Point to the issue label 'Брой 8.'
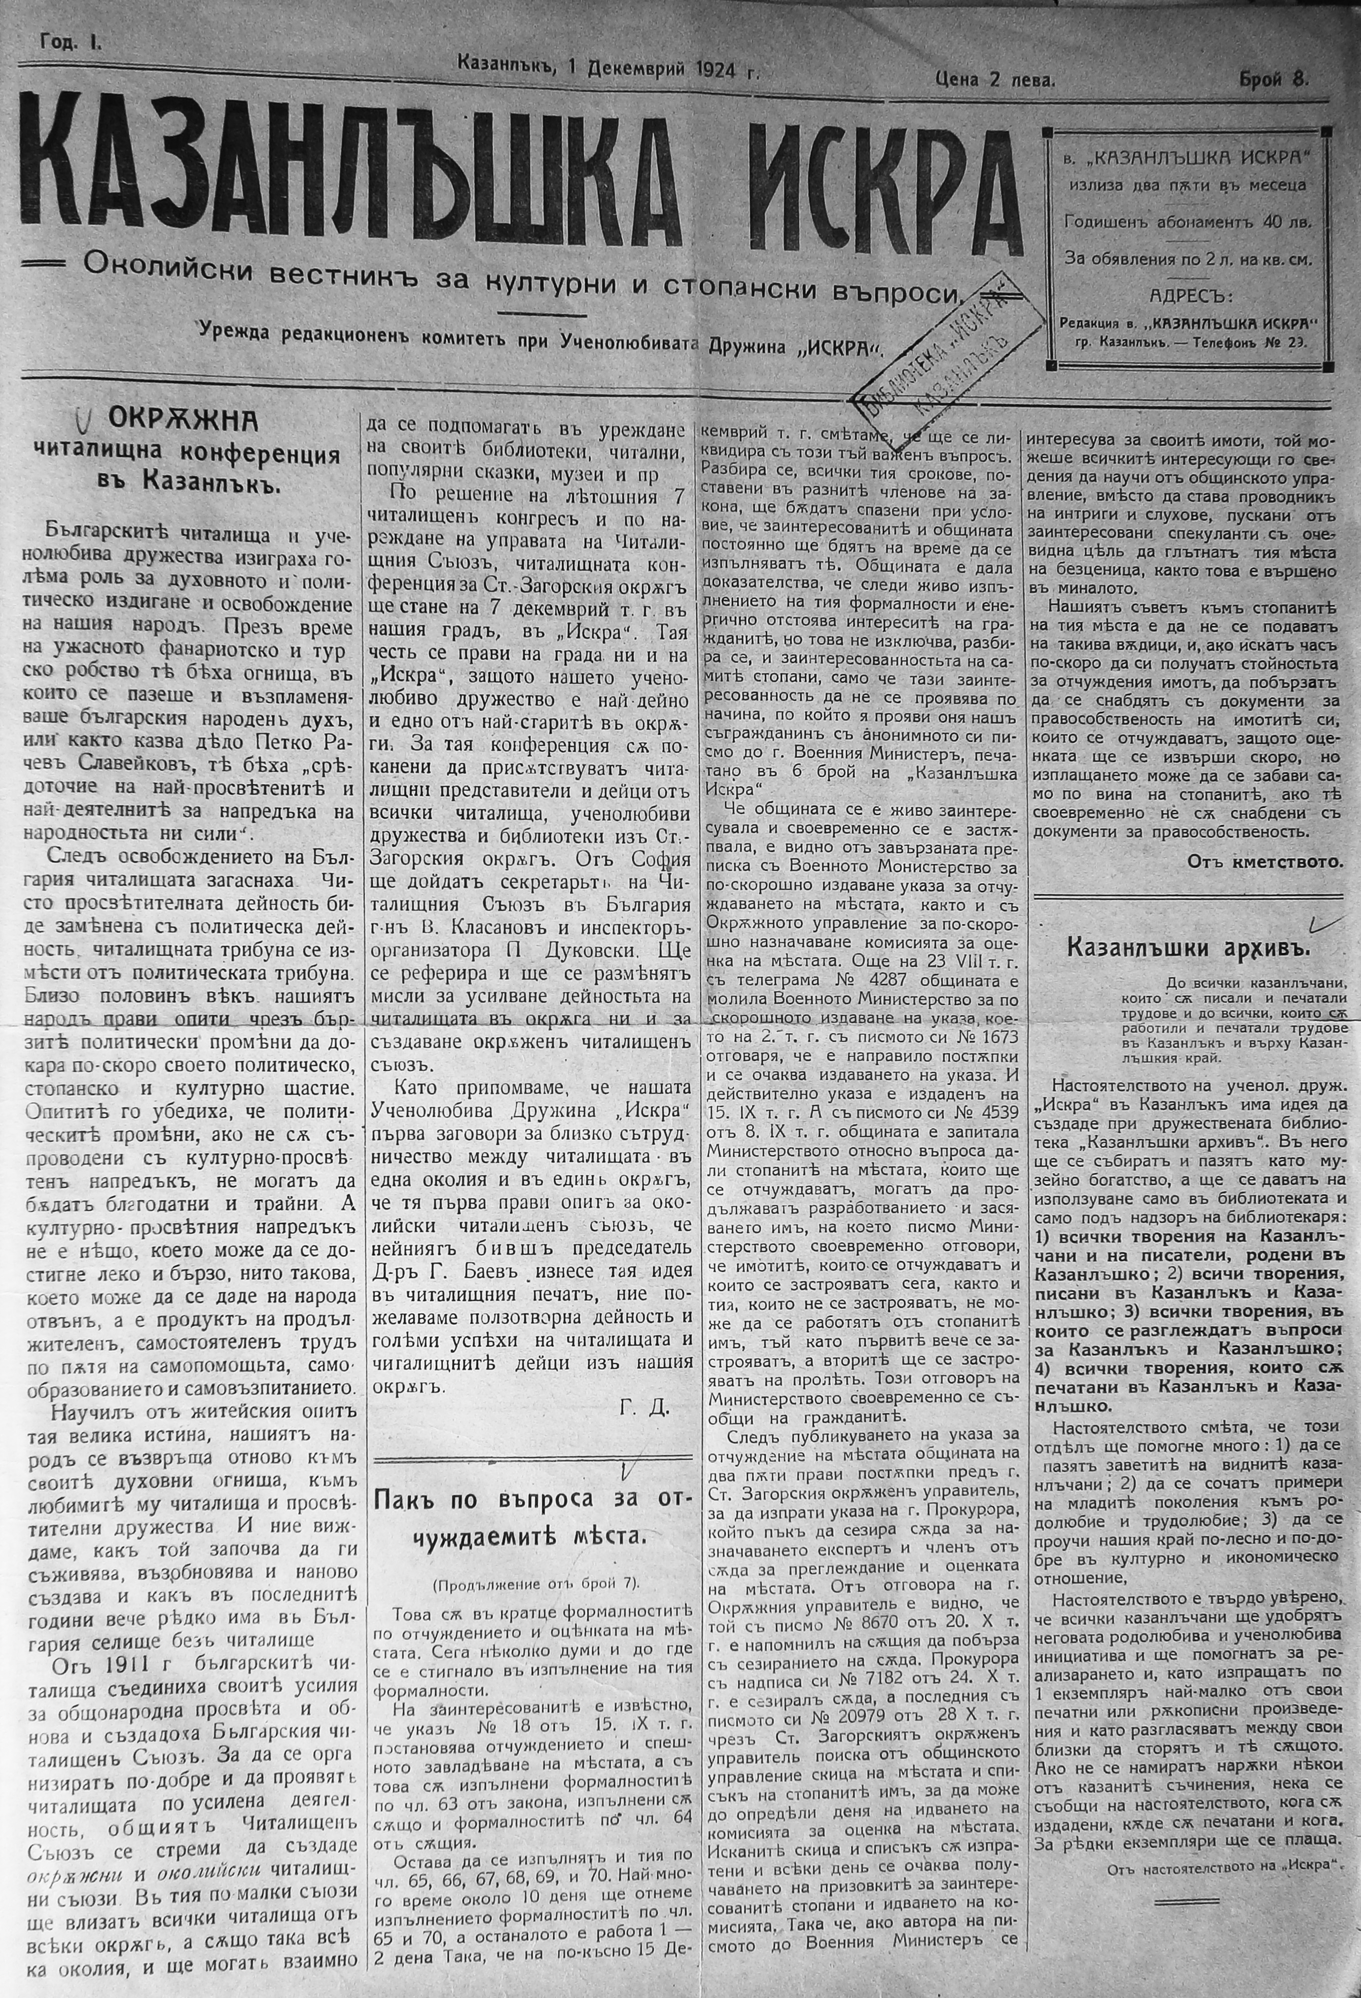(x=1273, y=80)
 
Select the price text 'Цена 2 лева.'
(x=996, y=80)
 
